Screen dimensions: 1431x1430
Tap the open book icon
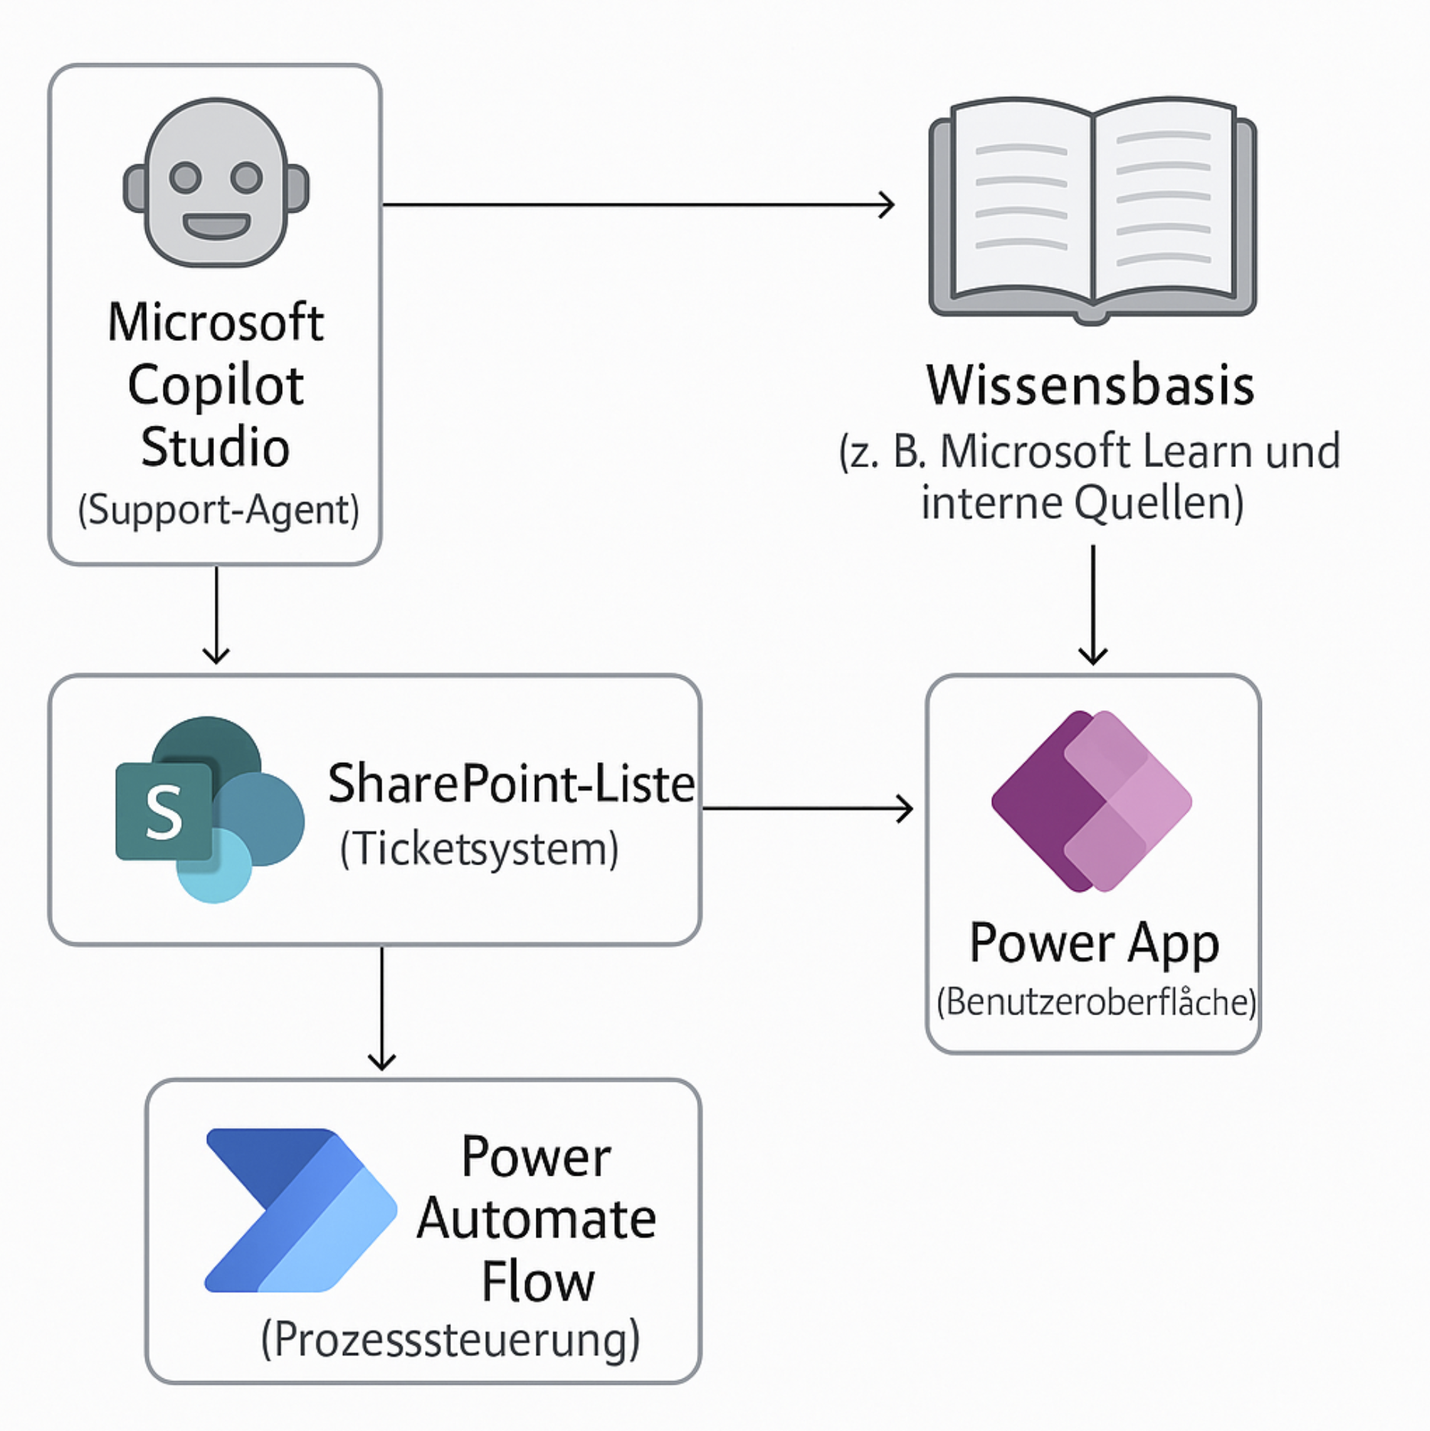click(1092, 210)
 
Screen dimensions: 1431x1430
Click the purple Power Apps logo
click(1091, 800)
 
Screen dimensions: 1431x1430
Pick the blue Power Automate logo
click(300, 1210)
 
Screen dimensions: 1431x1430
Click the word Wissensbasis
click(1091, 385)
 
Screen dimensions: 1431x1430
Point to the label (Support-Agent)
click(218, 510)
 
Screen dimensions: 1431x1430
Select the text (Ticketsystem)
click(479, 849)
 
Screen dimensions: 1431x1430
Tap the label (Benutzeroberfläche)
click(1096, 1002)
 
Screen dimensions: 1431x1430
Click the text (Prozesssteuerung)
click(450, 1339)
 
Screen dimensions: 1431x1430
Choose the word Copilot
click(216, 385)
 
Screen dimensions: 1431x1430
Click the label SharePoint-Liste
click(511, 784)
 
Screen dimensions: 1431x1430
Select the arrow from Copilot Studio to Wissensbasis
click(637, 205)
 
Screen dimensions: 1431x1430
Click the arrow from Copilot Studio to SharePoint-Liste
click(216, 616)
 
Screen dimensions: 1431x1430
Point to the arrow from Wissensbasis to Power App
click(1093, 604)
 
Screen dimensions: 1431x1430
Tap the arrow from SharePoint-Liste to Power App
click(806, 808)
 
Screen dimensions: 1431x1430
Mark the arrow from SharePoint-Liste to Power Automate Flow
click(381, 1008)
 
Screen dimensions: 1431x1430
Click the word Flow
click(537, 1282)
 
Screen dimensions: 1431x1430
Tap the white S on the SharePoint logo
click(164, 813)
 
